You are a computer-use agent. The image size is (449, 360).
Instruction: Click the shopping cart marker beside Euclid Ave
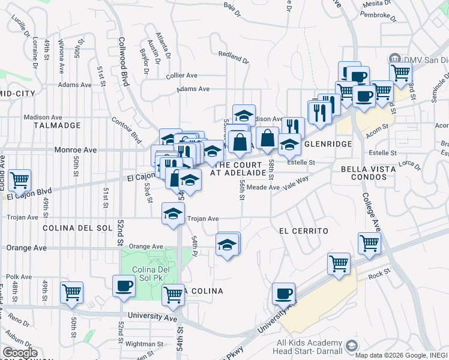pyautogui.click(x=20, y=179)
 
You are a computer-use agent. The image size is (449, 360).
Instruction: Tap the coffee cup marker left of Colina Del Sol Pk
pyautogui.click(x=124, y=286)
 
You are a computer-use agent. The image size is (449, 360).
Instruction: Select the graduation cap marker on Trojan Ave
pyautogui.click(x=173, y=214)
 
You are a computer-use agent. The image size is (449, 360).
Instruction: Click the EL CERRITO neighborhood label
pyautogui.click(x=304, y=231)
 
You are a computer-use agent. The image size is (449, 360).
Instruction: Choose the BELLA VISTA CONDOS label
pyautogui.click(x=368, y=174)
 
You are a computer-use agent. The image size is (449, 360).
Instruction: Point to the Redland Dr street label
pyautogui.click(x=234, y=54)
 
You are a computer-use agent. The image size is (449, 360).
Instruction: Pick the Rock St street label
pyautogui.click(x=379, y=275)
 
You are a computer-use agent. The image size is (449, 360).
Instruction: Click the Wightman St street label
pyautogui.click(x=143, y=344)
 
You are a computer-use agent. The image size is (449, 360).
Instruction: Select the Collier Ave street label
pyautogui.click(x=182, y=76)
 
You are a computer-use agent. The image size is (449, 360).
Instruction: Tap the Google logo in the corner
pyautogui.click(x=20, y=353)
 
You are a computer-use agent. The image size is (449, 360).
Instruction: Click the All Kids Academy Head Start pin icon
pyautogui.click(x=351, y=346)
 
